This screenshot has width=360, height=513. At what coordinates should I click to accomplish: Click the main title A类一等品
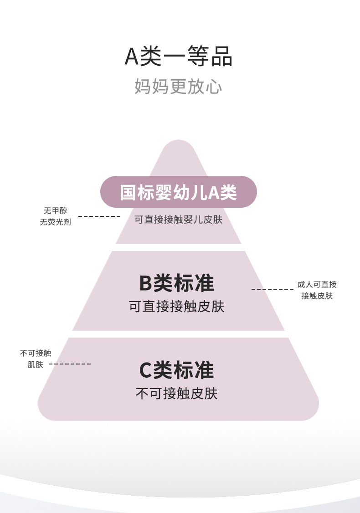coord(179,57)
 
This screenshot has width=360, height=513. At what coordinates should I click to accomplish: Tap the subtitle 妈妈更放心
coord(179,86)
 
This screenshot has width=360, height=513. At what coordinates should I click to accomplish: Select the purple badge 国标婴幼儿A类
coord(179,192)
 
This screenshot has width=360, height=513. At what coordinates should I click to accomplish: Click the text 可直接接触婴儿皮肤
coord(179,220)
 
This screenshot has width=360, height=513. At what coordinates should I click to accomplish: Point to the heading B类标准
coord(177,283)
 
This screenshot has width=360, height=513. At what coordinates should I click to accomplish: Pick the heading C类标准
coord(177,370)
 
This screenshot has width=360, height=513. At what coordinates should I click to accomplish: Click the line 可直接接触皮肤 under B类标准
coord(177,306)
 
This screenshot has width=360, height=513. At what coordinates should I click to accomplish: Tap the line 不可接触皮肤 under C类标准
coord(177,394)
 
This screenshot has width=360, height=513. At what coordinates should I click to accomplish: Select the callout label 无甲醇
coord(55,211)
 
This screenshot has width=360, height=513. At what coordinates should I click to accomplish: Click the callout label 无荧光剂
coord(55,222)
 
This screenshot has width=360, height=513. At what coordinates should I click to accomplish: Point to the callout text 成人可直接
coord(317,285)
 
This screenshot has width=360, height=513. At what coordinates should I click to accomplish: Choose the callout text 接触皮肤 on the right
coord(317,296)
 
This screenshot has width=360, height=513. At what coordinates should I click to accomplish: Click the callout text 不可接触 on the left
coord(36,353)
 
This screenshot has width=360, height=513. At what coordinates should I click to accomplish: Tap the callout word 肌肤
coord(36,364)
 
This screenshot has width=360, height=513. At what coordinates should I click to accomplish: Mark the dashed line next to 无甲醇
coord(99,216)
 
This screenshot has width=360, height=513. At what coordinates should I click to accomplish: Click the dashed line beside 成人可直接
coord(273,289)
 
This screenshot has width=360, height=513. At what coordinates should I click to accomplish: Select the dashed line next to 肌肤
coord(70,364)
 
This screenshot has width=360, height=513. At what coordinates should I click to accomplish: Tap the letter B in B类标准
coord(145,283)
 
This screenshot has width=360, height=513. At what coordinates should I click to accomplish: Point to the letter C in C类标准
coord(145,370)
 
